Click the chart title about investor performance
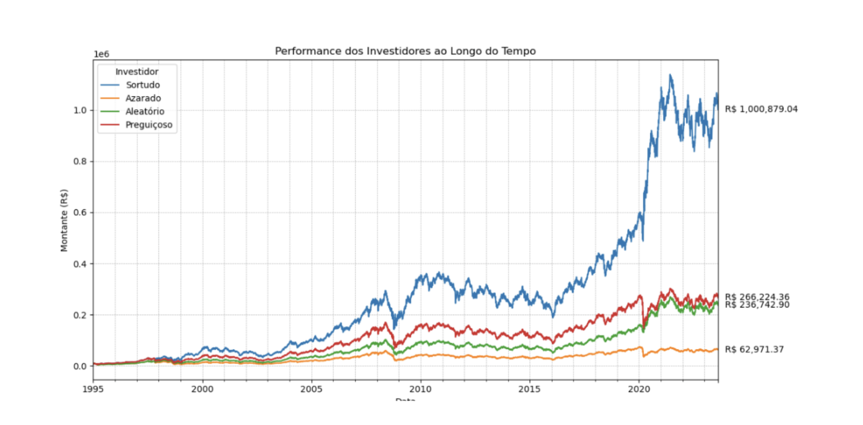click(x=405, y=51)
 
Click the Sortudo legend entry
click(x=143, y=85)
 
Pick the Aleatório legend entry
click(x=145, y=111)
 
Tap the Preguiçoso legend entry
click(x=149, y=125)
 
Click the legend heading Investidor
click(x=137, y=72)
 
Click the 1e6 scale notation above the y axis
click(x=101, y=54)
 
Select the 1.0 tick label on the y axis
click(x=81, y=110)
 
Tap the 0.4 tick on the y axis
click(x=81, y=264)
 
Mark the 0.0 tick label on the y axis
click(x=81, y=366)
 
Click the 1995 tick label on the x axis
click(x=93, y=388)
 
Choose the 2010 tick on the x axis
click(x=420, y=388)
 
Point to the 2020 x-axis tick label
click(x=639, y=388)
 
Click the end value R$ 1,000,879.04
click(x=761, y=110)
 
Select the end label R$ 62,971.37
click(x=754, y=350)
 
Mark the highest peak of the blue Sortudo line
click(x=670, y=75)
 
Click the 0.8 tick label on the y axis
click(x=81, y=161)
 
